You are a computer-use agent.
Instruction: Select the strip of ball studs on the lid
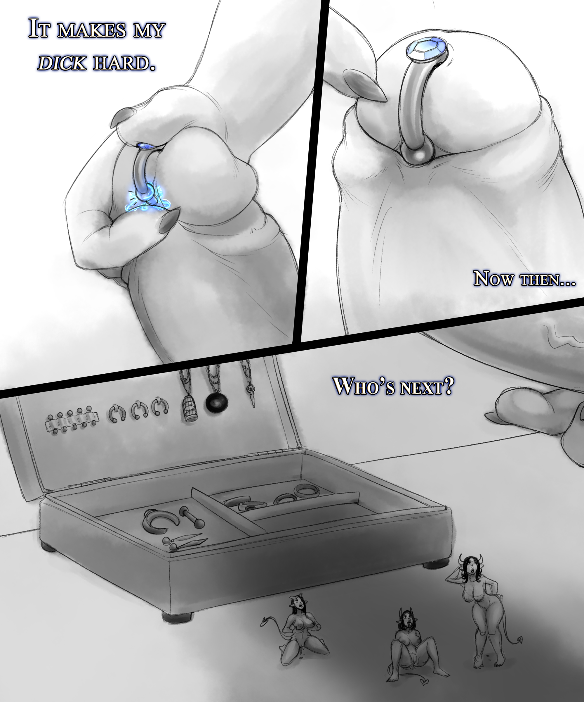point(72,420)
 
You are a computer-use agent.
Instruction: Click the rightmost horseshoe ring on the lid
point(160,406)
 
